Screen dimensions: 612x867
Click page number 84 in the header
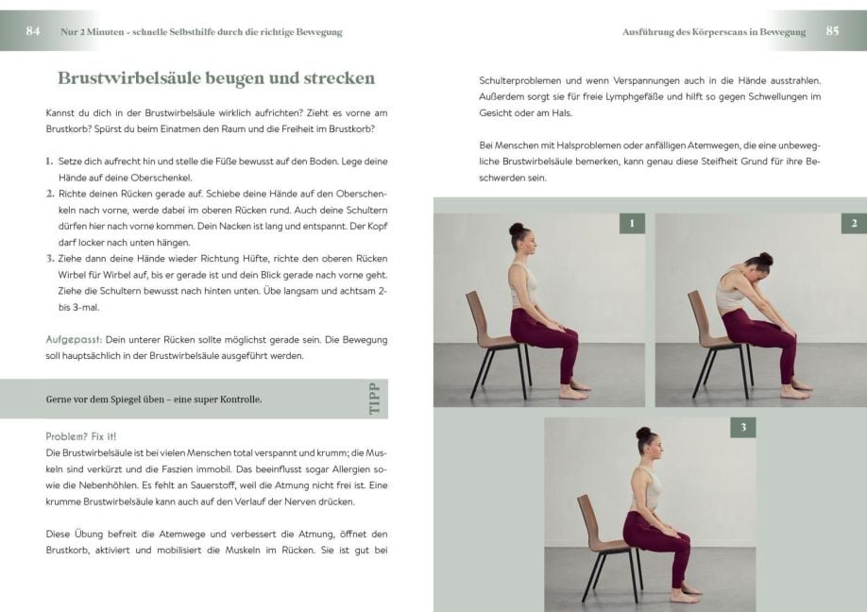pyautogui.click(x=33, y=31)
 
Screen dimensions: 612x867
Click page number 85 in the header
pyautogui.click(x=832, y=31)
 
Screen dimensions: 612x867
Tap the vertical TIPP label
pyautogui.click(x=375, y=399)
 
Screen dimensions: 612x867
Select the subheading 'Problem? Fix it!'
pyautogui.click(x=81, y=437)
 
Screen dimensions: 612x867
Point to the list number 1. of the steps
pyautogui.click(x=50, y=161)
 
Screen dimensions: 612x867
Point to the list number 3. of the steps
pyautogui.click(x=50, y=258)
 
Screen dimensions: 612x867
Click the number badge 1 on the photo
pyautogui.click(x=632, y=224)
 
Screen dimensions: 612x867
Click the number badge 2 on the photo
pyautogui.click(x=854, y=224)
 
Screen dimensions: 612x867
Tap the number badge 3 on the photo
pyautogui.click(x=743, y=428)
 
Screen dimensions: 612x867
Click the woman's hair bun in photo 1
pyautogui.click(x=517, y=229)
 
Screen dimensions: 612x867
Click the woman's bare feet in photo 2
pyautogui.click(x=796, y=388)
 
